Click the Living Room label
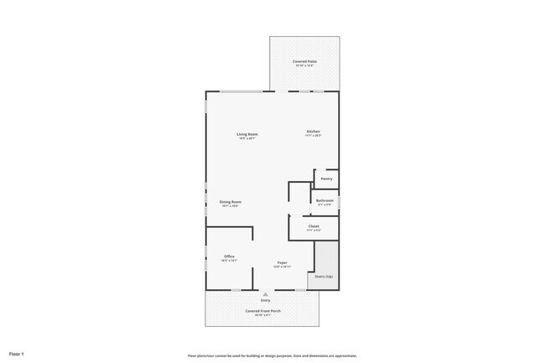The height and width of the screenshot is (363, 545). pyautogui.click(x=247, y=134)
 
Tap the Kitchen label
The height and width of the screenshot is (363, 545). pyautogui.click(x=313, y=132)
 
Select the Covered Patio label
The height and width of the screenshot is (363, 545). pyautogui.click(x=304, y=61)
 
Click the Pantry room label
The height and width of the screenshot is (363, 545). pyautogui.click(x=326, y=179)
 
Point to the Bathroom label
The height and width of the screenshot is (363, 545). pyautogui.click(x=324, y=200)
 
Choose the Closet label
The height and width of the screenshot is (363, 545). pyautogui.click(x=314, y=226)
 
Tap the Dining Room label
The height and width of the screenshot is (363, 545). pyautogui.click(x=231, y=201)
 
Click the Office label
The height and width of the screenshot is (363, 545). pyautogui.click(x=229, y=257)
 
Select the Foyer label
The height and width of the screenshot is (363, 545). pyautogui.click(x=283, y=262)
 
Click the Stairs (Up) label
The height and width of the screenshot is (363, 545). pyautogui.click(x=324, y=276)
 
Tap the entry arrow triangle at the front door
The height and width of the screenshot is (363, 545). pyautogui.click(x=266, y=294)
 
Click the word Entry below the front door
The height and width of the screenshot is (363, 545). pyautogui.click(x=266, y=300)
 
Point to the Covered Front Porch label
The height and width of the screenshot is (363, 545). pyautogui.click(x=262, y=311)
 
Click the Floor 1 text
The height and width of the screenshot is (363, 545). pyautogui.click(x=18, y=355)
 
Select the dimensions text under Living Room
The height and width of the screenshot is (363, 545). pyautogui.click(x=247, y=139)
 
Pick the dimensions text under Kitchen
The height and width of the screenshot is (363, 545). pyautogui.click(x=313, y=137)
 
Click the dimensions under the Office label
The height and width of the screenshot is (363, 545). pyautogui.click(x=229, y=262)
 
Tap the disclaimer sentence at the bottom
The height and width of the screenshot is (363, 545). pyautogui.click(x=272, y=355)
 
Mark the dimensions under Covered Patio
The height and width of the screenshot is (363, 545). pyautogui.click(x=304, y=66)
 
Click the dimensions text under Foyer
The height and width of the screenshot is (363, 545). pyautogui.click(x=283, y=267)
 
